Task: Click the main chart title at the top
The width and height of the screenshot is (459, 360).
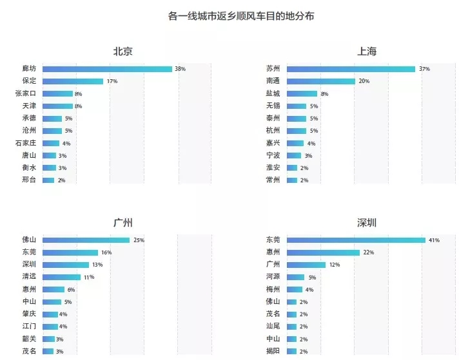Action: point(241,16)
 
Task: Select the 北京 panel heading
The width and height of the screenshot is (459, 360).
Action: point(123,52)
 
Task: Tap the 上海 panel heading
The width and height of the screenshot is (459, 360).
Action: point(367,52)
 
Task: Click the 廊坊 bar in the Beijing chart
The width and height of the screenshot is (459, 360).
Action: point(107,69)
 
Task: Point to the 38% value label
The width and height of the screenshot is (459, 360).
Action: point(180,69)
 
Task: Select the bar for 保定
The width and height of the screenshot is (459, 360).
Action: point(73,81)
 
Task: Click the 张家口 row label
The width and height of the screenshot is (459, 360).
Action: point(26,93)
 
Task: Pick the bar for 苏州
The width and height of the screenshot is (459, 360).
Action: point(351,69)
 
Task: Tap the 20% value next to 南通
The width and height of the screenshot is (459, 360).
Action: point(364,81)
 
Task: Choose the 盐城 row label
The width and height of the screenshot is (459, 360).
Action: point(273,93)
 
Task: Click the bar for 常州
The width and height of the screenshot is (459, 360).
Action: point(292,180)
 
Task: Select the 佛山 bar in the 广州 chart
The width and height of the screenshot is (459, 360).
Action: point(86,240)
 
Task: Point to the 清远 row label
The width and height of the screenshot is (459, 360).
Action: point(29,276)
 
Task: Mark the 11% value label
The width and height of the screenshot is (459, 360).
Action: point(89,277)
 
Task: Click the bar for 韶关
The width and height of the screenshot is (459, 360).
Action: point(48,339)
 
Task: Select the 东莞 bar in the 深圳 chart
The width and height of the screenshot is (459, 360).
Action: point(356,240)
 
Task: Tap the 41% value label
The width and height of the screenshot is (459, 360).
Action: point(434,240)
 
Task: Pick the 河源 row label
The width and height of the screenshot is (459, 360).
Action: point(273,276)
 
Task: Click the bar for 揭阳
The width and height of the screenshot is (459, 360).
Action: point(291,351)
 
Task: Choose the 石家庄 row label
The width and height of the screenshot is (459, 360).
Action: point(26,143)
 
